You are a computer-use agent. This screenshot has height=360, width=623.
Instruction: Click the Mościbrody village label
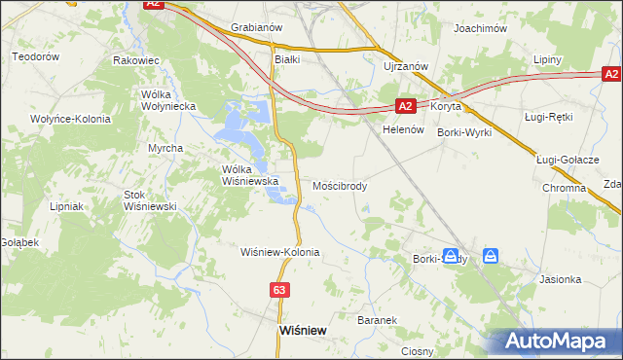coord(340,186)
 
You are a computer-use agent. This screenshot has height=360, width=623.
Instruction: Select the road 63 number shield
coord(280,290)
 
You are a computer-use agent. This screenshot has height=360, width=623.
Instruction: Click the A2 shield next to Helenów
coord(407,106)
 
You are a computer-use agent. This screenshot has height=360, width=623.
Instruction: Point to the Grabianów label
coord(255,27)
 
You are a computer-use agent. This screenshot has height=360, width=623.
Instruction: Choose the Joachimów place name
coord(481,29)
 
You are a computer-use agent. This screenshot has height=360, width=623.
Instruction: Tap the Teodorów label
coord(36,57)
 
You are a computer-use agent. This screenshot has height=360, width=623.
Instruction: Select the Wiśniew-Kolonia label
coord(280,252)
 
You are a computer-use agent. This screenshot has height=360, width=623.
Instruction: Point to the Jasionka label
coord(561,279)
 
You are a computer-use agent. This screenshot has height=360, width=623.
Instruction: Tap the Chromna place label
coord(564,188)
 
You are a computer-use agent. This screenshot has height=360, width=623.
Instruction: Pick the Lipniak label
coord(68,206)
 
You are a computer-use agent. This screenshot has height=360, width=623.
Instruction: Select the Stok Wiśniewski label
coord(149,200)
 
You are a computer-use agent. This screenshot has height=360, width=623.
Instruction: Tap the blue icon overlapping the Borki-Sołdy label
coord(452,257)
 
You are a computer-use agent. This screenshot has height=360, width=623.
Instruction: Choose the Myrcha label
coord(165,148)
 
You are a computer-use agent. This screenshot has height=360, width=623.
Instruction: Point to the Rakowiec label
coord(136,60)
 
